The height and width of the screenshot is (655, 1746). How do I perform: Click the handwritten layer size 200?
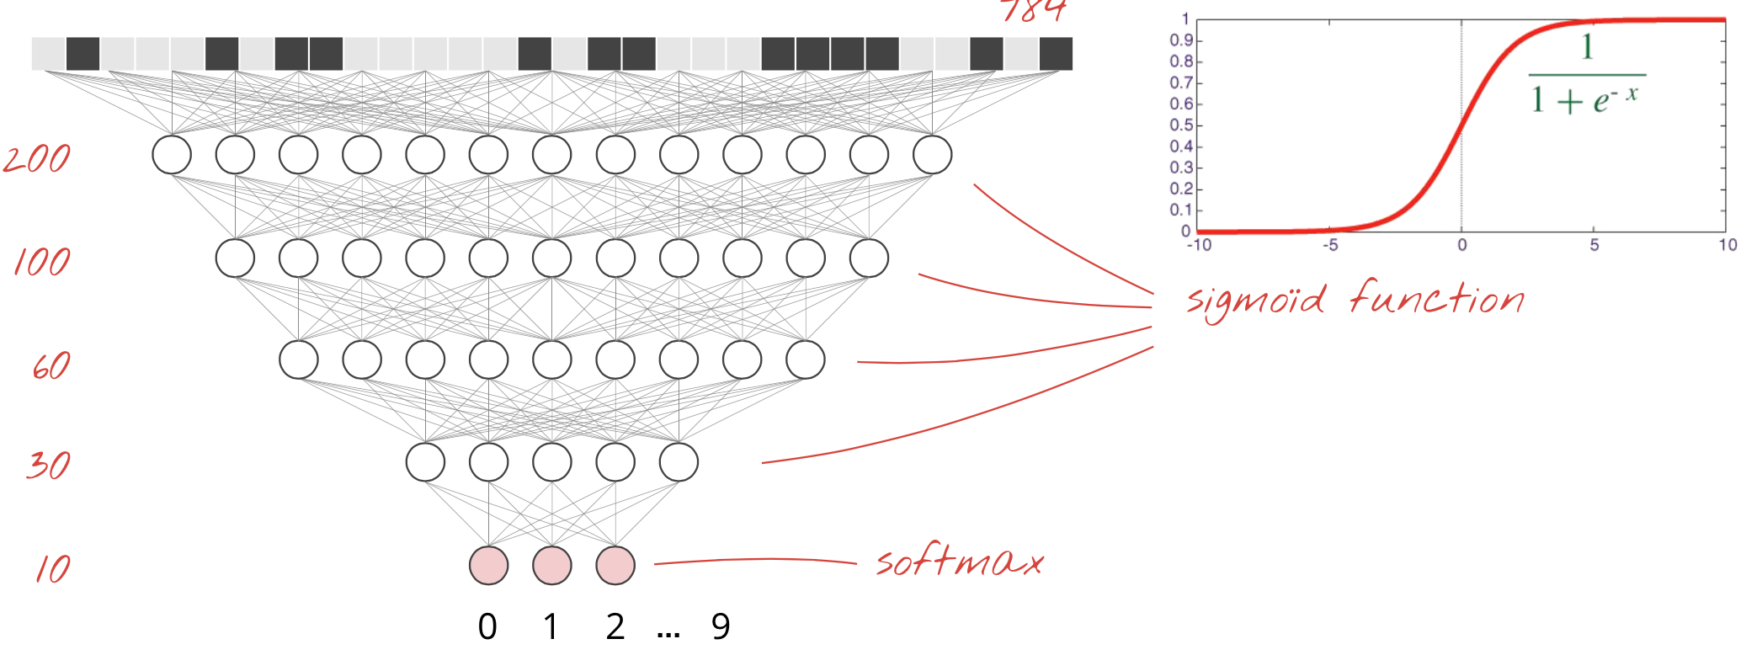click(37, 158)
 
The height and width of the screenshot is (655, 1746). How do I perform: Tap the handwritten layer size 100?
click(42, 263)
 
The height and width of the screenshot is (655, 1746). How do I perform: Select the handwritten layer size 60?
click(51, 366)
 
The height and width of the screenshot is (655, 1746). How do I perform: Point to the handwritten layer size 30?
click(48, 465)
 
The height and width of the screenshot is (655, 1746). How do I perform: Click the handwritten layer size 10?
click(52, 569)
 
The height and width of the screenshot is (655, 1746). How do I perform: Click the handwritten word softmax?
click(959, 562)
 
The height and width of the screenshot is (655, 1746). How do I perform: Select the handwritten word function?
click(1437, 298)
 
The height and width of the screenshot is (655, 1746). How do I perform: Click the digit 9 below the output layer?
click(721, 626)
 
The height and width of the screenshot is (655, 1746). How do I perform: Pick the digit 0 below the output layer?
click(487, 626)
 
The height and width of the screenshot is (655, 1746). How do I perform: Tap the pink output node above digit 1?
click(552, 565)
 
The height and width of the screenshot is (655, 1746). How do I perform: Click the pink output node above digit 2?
click(615, 565)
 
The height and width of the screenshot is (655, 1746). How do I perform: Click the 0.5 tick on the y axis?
click(1181, 125)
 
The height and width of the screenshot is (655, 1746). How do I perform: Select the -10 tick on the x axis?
click(1199, 245)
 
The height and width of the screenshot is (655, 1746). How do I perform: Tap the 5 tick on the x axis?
click(1594, 245)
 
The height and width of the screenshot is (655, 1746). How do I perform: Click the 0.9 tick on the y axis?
click(1181, 40)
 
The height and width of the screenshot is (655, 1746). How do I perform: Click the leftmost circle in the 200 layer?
click(172, 155)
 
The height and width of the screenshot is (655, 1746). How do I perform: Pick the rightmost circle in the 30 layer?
click(679, 462)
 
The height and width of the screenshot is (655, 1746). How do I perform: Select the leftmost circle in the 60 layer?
click(299, 359)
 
